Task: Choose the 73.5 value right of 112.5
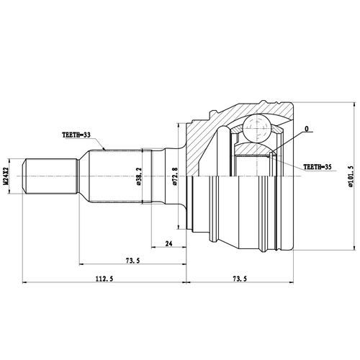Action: (x=241, y=279)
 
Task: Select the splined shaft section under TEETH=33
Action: (x=115, y=176)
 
